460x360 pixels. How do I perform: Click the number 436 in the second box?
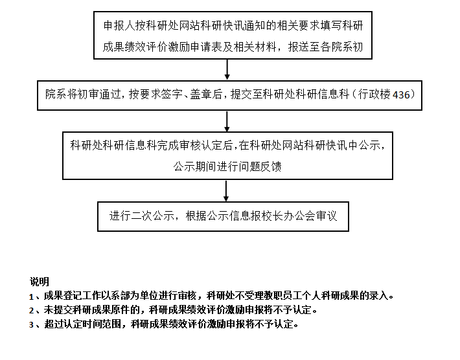pos(401,95)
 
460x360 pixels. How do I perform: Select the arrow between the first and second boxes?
pos(227,69)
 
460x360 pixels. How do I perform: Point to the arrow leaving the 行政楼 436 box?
pos(227,121)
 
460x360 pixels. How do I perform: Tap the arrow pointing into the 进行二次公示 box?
pos(226,191)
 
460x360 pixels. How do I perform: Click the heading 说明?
pos(40,282)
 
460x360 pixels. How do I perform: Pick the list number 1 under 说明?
pos(31,297)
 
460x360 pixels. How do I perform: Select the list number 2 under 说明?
pos(31,311)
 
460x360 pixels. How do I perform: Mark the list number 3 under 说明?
pos(31,325)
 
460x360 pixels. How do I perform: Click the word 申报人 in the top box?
pos(119,26)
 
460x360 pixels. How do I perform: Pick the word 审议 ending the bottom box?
pos(327,216)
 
